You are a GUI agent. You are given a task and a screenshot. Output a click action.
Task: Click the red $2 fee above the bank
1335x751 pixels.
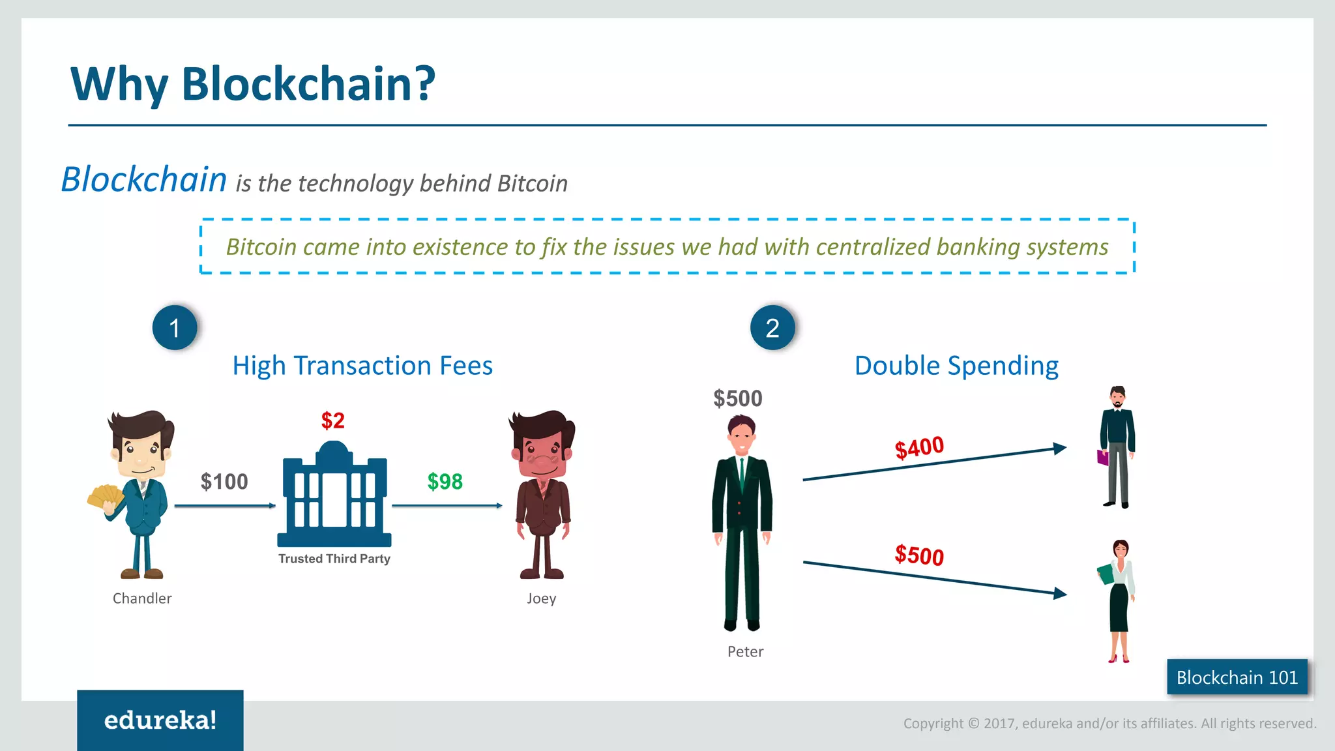click(x=332, y=421)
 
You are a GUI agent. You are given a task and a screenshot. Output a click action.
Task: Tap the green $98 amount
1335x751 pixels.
click(x=445, y=482)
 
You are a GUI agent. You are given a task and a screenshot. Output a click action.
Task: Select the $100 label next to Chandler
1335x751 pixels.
click(x=224, y=482)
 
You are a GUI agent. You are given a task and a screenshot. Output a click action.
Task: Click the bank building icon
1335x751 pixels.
click(x=334, y=495)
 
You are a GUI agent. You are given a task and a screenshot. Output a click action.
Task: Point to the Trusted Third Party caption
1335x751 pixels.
click(x=334, y=559)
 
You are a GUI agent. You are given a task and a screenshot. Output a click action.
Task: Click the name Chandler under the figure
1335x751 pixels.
click(x=142, y=598)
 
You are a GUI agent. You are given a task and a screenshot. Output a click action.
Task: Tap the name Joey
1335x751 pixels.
click(x=541, y=598)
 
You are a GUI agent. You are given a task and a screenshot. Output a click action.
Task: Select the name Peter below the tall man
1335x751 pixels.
click(x=745, y=652)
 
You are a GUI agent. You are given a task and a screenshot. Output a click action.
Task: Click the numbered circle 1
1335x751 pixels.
click(x=175, y=328)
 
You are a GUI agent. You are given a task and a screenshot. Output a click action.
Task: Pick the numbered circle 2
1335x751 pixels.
click(x=772, y=328)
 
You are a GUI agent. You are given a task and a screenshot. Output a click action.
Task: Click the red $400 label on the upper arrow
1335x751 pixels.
click(x=919, y=448)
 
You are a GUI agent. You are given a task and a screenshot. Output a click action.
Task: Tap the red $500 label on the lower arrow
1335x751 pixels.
click(x=919, y=555)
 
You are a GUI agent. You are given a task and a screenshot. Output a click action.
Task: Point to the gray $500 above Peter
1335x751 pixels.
click(x=737, y=398)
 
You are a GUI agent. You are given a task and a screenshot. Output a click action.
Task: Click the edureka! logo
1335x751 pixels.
click(x=160, y=720)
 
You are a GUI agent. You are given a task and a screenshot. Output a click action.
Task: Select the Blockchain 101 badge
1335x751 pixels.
click(x=1237, y=677)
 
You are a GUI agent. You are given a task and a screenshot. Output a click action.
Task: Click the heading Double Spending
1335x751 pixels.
click(x=956, y=366)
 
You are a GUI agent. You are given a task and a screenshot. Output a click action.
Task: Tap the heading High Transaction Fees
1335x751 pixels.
click(x=362, y=366)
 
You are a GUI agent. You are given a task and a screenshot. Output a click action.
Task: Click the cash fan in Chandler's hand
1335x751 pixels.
click(x=105, y=497)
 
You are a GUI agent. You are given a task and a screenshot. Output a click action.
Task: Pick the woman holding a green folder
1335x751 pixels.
click(x=1119, y=600)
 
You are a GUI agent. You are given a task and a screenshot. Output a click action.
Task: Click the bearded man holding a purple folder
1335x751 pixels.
click(x=1117, y=447)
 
